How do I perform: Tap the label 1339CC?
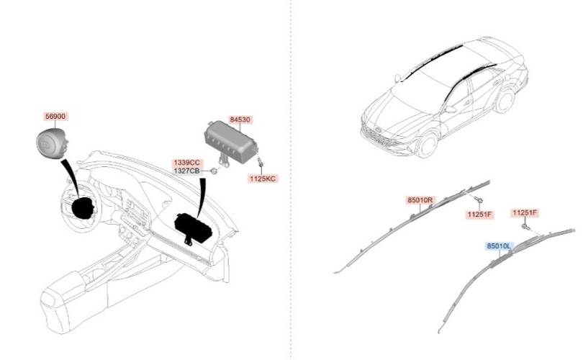coord(186,163)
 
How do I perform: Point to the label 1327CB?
coord(186,171)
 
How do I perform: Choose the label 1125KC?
coord(262,177)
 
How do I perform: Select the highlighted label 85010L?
coord(498,246)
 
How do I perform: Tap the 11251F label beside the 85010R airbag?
coord(478,214)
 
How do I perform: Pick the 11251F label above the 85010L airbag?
coord(524,212)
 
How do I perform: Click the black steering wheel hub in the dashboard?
coord(82,206)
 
